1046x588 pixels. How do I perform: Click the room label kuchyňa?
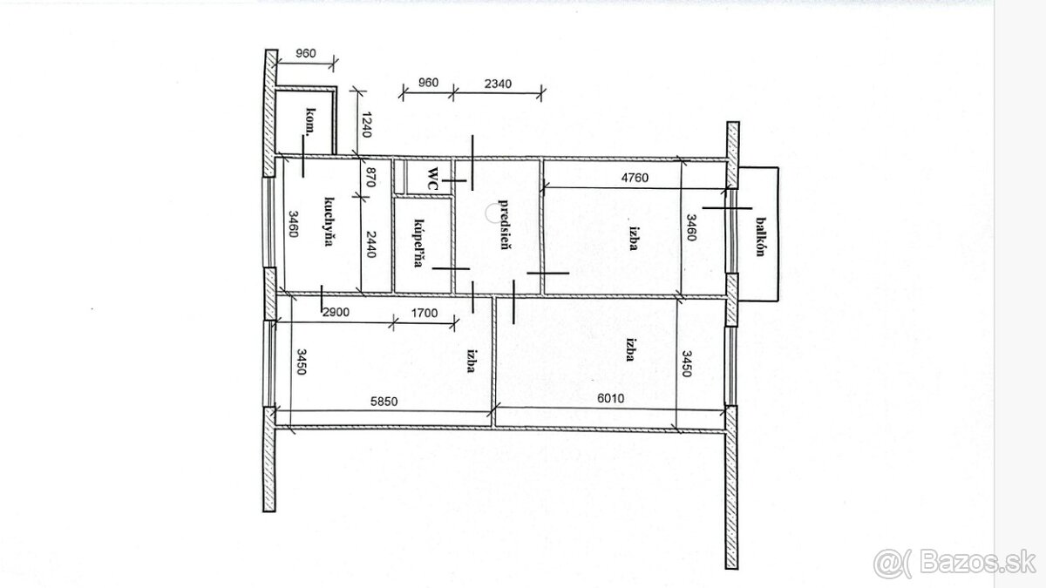pyautogui.click(x=329, y=221)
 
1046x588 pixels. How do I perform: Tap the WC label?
pyautogui.click(x=433, y=179)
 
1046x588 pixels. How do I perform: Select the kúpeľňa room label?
pyautogui.click(x=419, y=243)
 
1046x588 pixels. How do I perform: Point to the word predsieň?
pyautogui.click(x=504, y=225)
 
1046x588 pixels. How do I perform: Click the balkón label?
pyautogui.click(x=761, y=237)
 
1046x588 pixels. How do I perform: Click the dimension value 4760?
pyautogui.click(x=635, y=178)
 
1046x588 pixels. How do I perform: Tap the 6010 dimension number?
pyautogui.click(x=611, y=399)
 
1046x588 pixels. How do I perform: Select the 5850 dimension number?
pyautogui.click(x=384, y=402)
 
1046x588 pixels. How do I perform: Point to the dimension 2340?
pyautogui.click(x=498, y=84)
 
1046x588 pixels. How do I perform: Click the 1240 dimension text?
pyautogui.click(x=366, y=125)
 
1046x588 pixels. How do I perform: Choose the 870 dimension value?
pyautogui.click(x=370, y=178)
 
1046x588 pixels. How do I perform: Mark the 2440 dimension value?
pyautogui.click(x=371, y=244)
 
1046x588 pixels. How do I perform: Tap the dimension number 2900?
pyautogui.click(x=336, y=312)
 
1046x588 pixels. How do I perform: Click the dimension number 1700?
pyautogui.click(x=424, y=313)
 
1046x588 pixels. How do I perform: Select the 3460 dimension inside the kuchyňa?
pyautogui.click(x=293, y=224)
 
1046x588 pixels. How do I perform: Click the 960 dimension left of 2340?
pyautogui.click(x=428, y=83)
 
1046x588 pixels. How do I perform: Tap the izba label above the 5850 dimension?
pyautogui.click(x=472, y=361)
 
